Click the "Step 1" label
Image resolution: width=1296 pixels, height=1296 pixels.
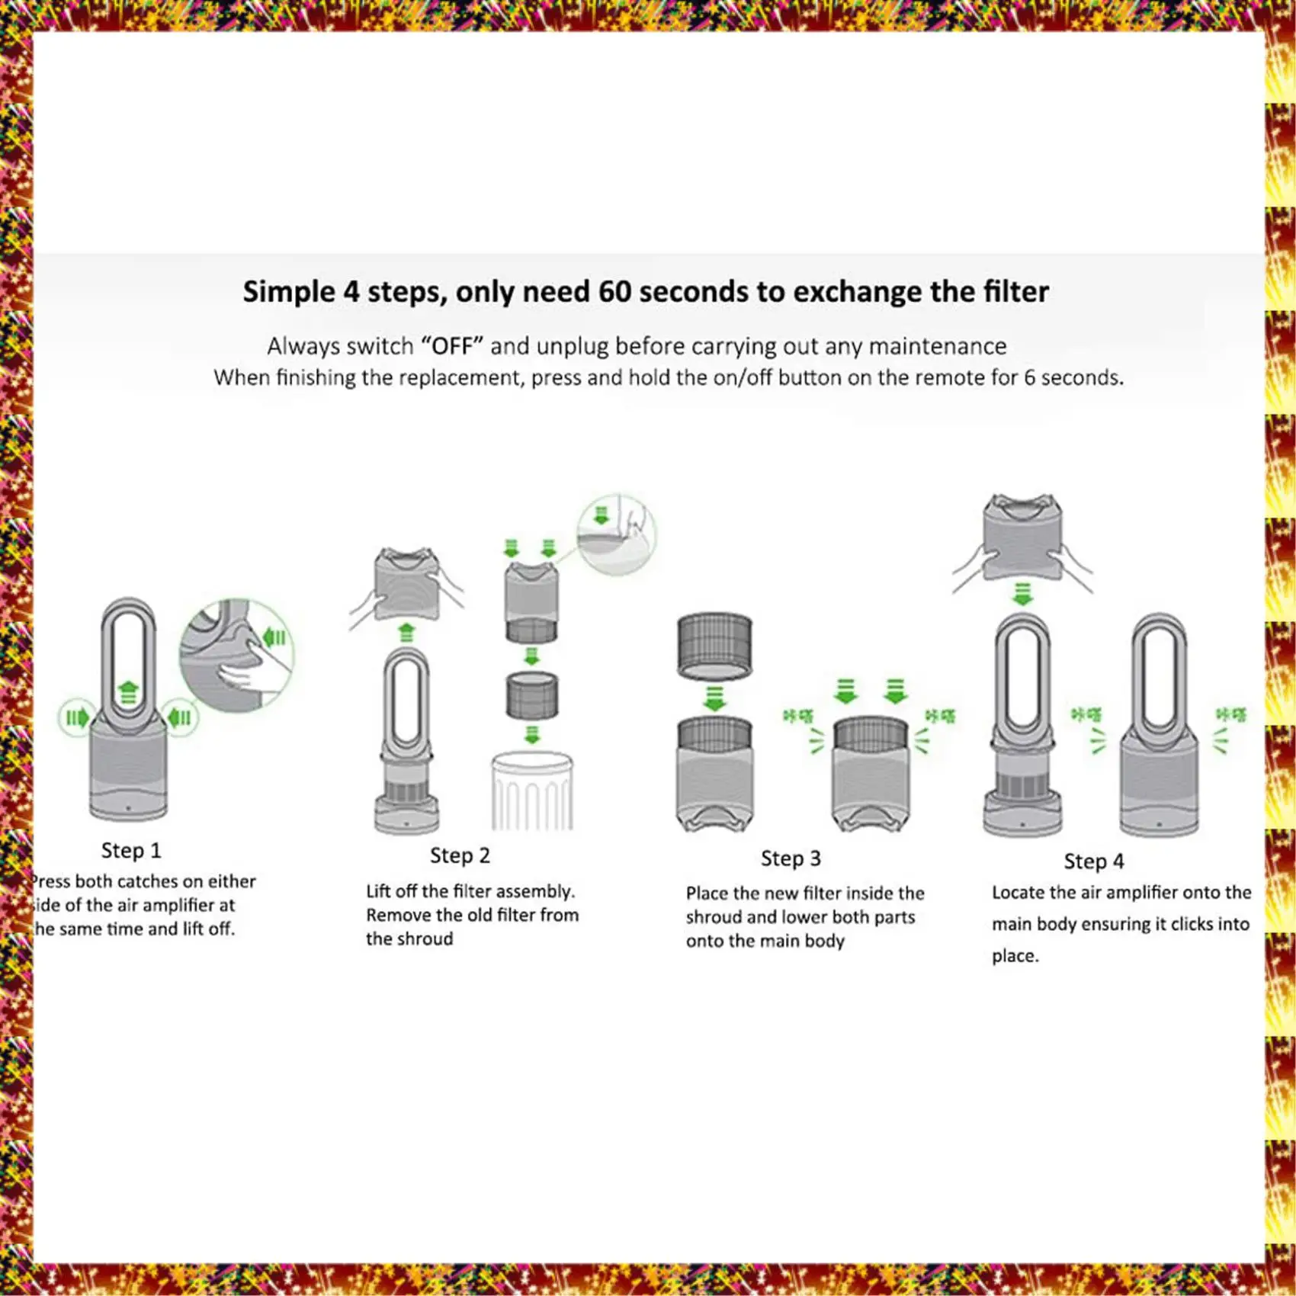131,850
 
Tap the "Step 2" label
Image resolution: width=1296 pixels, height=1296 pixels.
460,855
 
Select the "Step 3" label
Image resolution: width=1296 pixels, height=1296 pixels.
791,858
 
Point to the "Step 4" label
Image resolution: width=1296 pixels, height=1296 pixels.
1094,861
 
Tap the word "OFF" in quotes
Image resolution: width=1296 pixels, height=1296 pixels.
453,347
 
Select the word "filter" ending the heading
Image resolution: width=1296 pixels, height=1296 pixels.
1015,292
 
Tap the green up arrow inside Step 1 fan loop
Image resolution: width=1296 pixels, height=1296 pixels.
128,693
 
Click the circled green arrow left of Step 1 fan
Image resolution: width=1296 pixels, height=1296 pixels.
76,717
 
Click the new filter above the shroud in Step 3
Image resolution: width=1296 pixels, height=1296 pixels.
714,645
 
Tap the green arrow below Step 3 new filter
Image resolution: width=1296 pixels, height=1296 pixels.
714,698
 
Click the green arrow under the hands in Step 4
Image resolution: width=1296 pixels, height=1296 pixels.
1022,593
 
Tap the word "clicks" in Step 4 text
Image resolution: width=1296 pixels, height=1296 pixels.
1195,924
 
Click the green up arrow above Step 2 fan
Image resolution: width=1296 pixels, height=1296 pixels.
406,632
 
